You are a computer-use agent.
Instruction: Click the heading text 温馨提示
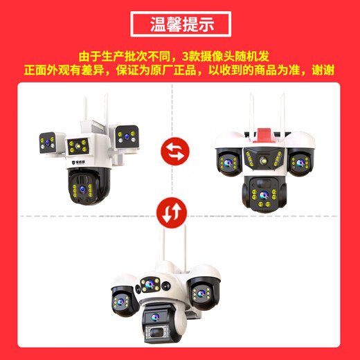(x=180, y=24)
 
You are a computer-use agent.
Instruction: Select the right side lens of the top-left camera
(x=125, y=136)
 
